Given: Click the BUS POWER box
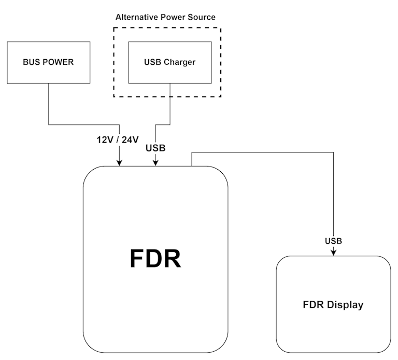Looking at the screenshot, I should (48, 62).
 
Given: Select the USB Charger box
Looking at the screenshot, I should (169, 62).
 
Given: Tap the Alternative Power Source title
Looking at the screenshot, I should (165, 17).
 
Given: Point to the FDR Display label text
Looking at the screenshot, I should (333, 304).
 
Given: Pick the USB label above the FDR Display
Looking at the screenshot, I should (333, 241).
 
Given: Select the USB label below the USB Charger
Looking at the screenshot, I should (155, 148).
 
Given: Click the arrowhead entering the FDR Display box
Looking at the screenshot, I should (333, 252).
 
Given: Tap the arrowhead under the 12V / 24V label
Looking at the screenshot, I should (120, 162).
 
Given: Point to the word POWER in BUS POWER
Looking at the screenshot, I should (60, 62).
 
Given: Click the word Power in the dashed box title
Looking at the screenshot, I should (175, 17).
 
